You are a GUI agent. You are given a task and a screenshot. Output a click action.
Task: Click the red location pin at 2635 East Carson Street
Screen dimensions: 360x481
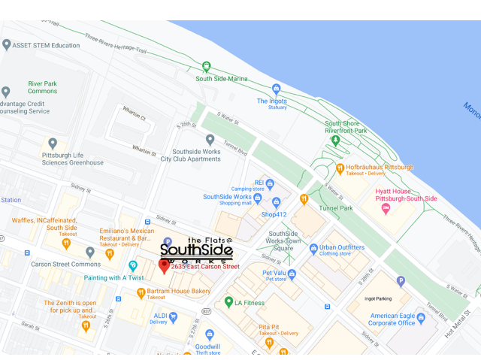164,266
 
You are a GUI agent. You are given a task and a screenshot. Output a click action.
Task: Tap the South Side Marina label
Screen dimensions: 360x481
222,78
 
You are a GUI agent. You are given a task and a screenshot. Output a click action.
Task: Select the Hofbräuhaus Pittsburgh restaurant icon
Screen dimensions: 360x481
340,168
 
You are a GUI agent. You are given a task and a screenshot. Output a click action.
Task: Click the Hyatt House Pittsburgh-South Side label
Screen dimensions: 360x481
406,195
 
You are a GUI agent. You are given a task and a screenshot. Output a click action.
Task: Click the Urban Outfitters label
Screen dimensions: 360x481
342,247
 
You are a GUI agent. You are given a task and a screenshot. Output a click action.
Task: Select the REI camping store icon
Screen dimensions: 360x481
269,184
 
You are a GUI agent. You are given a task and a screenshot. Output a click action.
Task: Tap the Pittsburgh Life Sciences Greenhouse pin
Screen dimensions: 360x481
52,144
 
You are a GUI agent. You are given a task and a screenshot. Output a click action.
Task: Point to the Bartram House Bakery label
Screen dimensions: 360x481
179,291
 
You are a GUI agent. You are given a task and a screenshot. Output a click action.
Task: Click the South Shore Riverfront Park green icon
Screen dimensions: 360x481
335,140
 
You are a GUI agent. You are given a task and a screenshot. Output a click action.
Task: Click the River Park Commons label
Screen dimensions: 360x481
42,86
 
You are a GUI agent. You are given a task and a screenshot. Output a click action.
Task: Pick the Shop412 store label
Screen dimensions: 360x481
274,214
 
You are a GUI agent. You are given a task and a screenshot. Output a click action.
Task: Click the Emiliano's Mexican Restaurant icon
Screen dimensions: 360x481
109,254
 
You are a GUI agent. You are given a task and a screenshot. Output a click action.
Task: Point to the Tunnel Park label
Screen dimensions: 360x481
336,208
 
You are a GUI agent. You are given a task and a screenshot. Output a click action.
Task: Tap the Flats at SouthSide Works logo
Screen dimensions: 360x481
197,249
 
